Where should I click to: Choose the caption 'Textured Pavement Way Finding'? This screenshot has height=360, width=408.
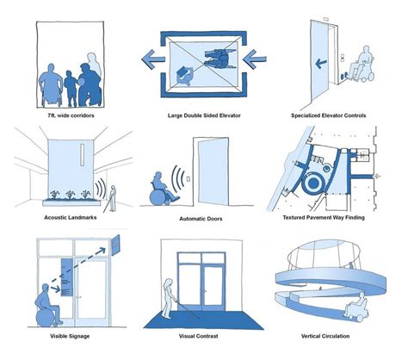coord(343,218)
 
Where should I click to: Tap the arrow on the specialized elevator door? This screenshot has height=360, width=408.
coord(318,63)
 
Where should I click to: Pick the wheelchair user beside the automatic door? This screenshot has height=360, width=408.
coord(160,187)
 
